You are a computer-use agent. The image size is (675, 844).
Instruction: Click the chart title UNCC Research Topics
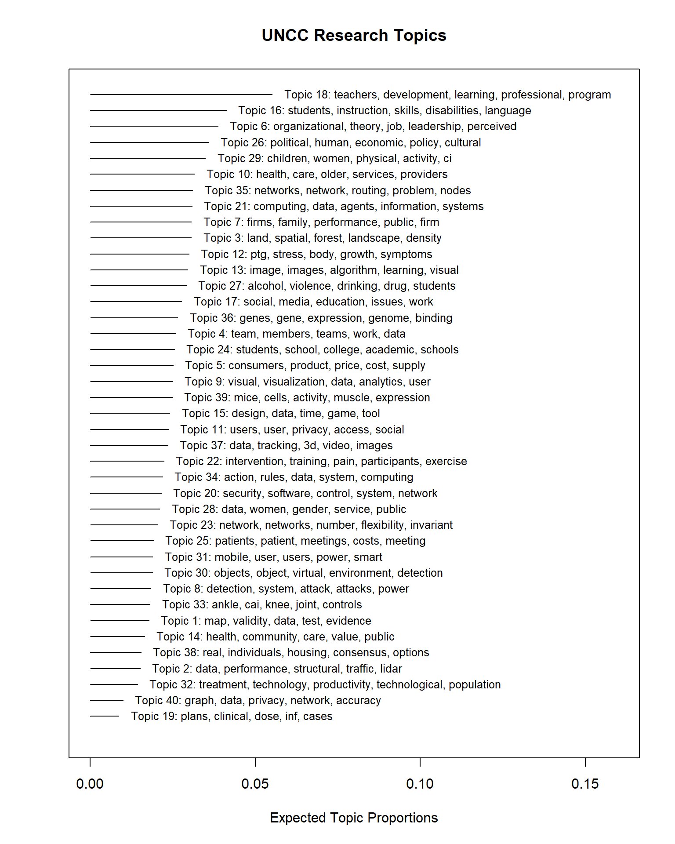[x=354, y=36]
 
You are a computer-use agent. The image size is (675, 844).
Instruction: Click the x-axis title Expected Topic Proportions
[x=354, y=818]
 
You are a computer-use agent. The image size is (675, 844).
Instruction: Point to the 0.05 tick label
[x=255, y=784]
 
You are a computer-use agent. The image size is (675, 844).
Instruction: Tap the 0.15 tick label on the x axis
[x=585, y=784]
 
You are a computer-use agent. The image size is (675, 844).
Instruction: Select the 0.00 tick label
[x=90, y=784]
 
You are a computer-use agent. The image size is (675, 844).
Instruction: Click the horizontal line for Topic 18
[x=181, y=95]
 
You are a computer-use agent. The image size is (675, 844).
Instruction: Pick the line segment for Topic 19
[x=105, y=716]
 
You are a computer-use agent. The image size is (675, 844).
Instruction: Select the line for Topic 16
[x=158, y=110]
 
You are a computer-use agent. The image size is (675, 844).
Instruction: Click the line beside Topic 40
[x=107, y=700]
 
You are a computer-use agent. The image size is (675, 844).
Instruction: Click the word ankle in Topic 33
[x=225, y=605]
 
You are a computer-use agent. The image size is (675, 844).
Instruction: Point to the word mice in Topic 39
[x=246, y=398]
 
